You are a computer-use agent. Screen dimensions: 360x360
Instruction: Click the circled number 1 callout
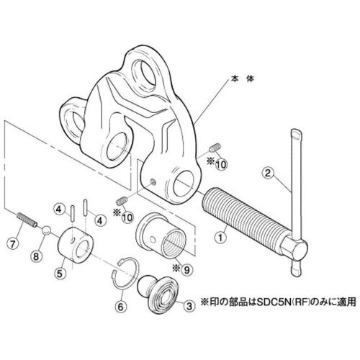coord(220,238)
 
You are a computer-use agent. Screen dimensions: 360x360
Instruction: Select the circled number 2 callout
coord(268,173)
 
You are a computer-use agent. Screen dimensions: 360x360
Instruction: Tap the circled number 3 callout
coord(189,306)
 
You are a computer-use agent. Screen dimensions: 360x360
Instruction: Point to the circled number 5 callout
coord(60,274)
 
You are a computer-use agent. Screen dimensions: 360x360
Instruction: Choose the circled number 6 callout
coord(120,306)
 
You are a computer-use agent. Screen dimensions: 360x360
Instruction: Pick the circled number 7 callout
coord(12,243)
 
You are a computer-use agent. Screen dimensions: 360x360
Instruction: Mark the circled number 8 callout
coord(36,256)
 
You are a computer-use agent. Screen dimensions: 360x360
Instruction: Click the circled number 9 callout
coord(187,270)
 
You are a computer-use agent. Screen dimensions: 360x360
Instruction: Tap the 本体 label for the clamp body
coord(242,78)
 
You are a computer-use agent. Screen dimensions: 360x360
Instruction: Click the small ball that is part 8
coord(46,230)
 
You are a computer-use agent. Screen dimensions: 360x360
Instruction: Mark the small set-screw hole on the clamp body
coord(153,183)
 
